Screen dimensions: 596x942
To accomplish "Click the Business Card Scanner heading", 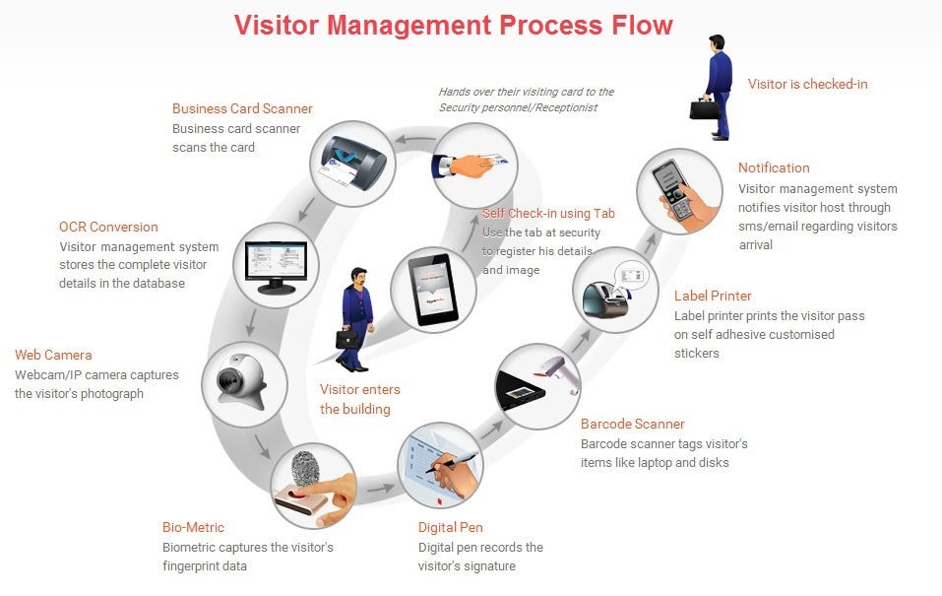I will pyautogui.click(x=242, y=109).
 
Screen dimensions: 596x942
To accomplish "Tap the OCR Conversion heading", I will pyautogui.click(x=108, y=228).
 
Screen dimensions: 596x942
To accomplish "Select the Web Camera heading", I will pyautogui.click(x=53, y=355).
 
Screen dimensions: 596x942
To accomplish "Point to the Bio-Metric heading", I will pyautogui.click(x=193, y=527).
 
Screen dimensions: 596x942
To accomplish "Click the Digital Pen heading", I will pyautogui.click(x=450, y=527).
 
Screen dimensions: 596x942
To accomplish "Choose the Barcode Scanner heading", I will pyautogui.click(x=632, y=424).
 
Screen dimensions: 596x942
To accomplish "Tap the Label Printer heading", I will pyautogui.click(x=713, y=296).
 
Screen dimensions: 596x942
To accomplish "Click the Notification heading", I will pyautogui.click(x=774, y=167).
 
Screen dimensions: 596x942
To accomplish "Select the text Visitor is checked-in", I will pyautogui.click(x=807, y=84).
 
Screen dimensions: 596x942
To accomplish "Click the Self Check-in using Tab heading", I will pyautogui.click(x=548, y=213).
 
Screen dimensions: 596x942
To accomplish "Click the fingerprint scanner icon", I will pyautogui.click(x=313, y=487).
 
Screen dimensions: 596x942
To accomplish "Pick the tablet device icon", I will pyautogui.click(x=433, y=288).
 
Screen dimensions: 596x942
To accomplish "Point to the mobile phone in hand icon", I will pyautogui.click(x=679, y=190).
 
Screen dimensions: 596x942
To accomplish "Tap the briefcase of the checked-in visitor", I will pyautogui.click(x=705, y=107).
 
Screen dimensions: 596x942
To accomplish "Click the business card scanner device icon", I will pyautogui.click(x=352, y=164).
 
